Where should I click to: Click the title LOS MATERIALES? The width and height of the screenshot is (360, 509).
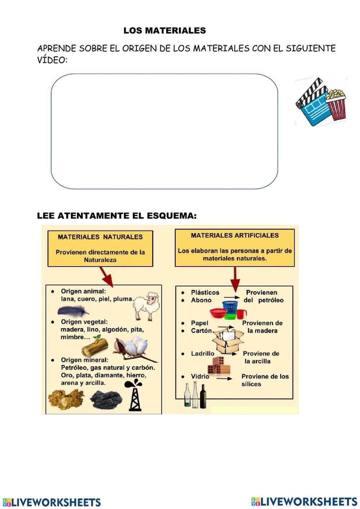(165, 31)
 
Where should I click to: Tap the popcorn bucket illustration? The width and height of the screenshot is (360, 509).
(336, 105)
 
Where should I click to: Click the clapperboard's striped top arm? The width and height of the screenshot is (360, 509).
(309, 91)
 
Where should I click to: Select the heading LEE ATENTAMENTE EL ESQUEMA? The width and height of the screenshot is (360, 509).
(117, 216)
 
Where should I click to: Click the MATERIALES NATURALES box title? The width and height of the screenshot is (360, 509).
(100, 237)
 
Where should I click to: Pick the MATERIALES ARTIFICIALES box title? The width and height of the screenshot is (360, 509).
(235, 236)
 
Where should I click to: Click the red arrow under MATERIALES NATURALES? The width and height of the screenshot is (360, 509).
(106, 277)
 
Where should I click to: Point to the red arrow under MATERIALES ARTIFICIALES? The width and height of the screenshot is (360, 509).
(235, 279)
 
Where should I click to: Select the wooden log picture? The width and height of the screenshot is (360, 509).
(94, 346)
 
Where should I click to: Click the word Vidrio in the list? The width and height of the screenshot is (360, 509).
(200, 376)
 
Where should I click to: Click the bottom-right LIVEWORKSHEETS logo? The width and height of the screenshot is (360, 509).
(304, 501)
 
